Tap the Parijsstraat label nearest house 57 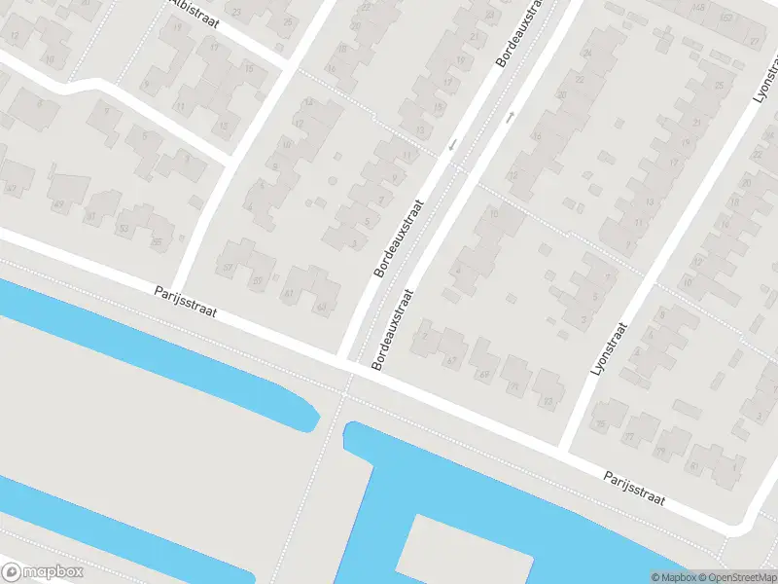click(x=186, y=302)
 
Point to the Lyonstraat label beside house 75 click(x=611, y=348)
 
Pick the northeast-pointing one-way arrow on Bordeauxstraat click(x=510, y=117)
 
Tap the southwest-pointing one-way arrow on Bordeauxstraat click(x=451, y=146)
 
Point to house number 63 click(x=322, y=308)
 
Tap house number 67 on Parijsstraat click(x=450, y=361)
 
